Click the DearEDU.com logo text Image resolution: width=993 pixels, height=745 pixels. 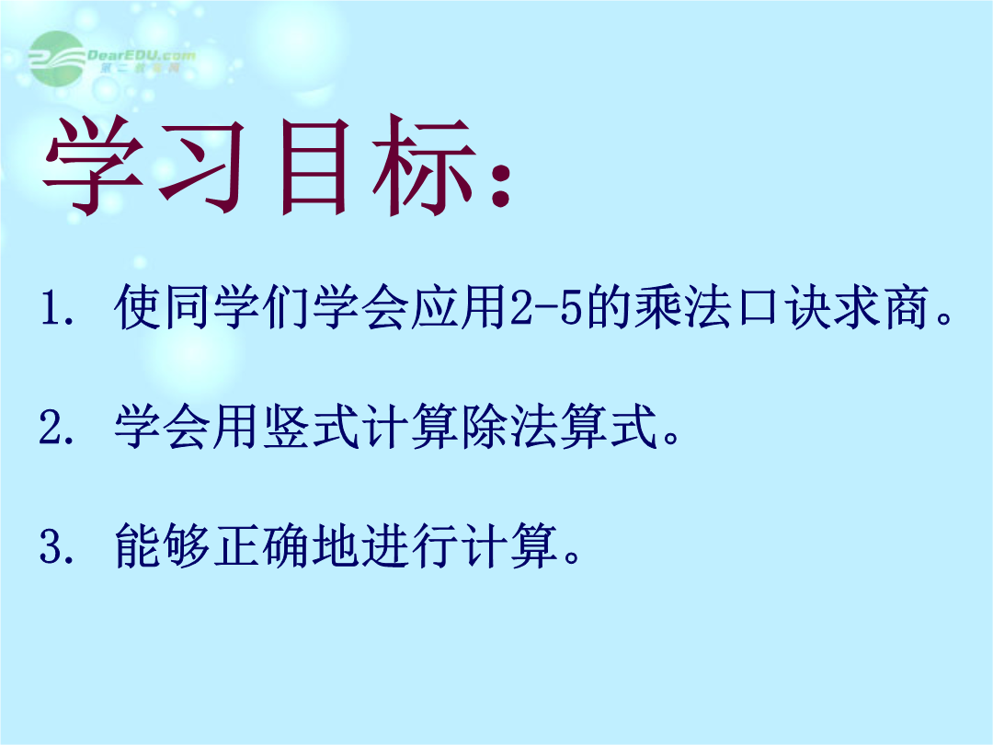pyautogui.click(x=142, y=55)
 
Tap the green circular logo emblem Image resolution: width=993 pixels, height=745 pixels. pyautogui.click(x=57, y=58)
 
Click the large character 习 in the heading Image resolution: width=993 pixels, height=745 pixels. pyautogui.click(x=201, y=166)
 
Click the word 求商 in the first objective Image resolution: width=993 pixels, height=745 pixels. pyautogui.click(x=882, y=307)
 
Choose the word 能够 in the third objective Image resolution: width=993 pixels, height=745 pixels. pyautogui.click(x=162, y=544)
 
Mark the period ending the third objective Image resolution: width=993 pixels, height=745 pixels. pyautogui.click(x=572, y=556)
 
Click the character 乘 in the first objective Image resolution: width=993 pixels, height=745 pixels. pyautogui.click(x=659, y=307)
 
